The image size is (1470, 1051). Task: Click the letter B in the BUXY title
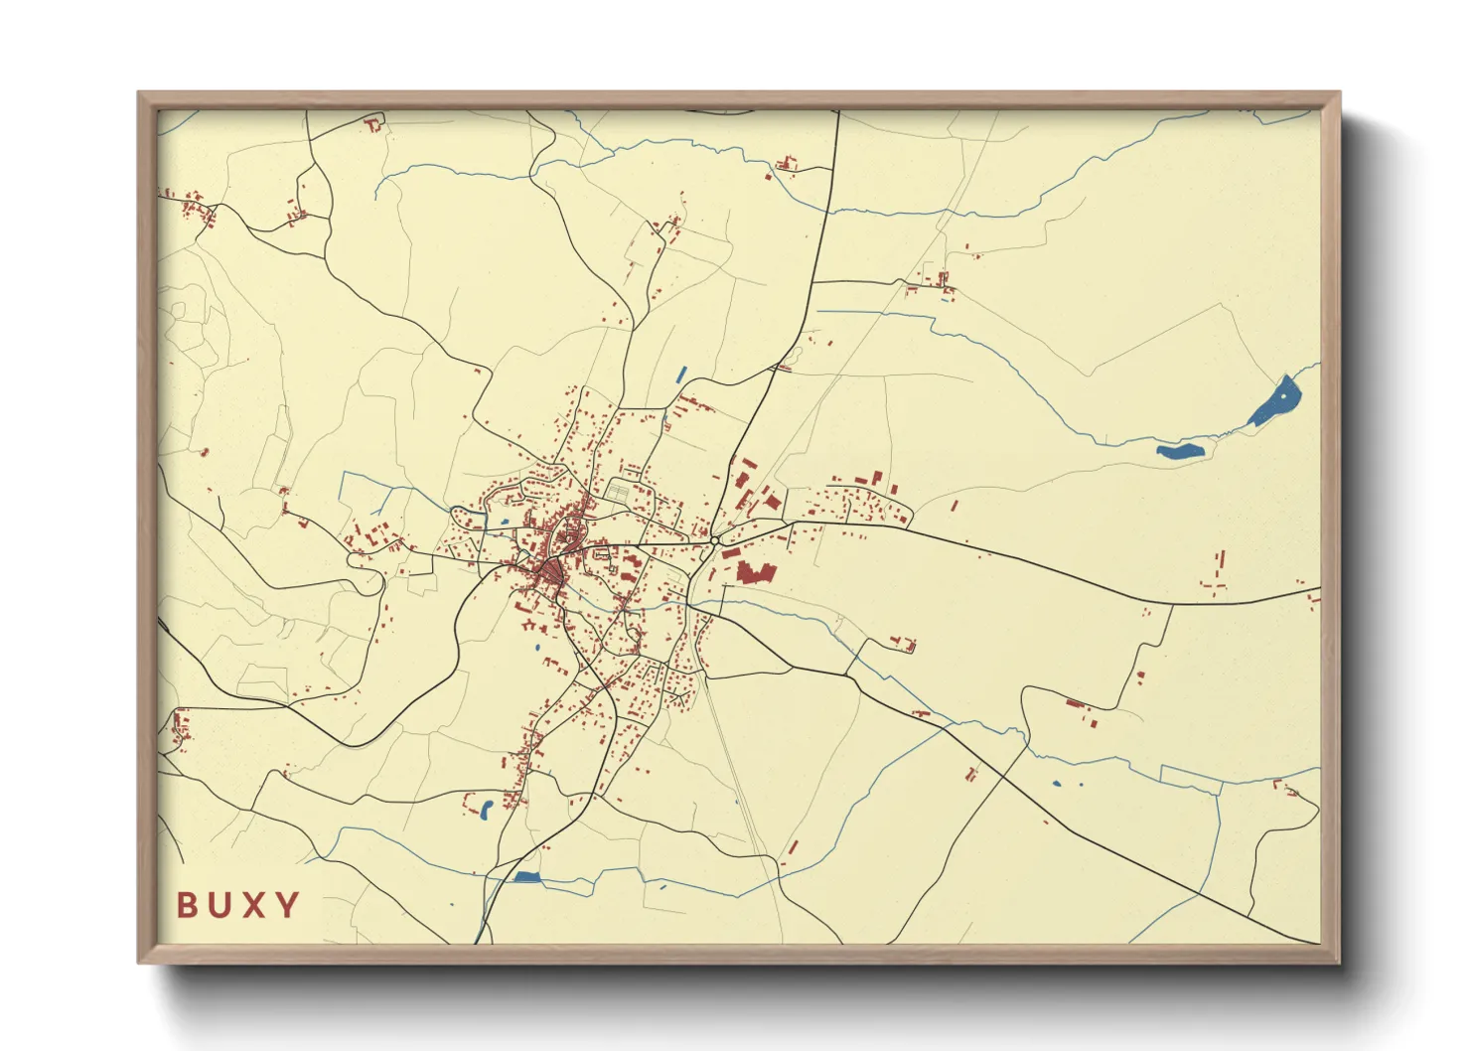pos(186,905)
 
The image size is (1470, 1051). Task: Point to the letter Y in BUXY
pos(288,905)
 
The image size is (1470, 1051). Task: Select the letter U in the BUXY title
pos(219,905)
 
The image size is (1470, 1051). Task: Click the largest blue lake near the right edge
pos(1274,402)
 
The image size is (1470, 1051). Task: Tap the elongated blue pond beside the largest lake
pos(1180,451)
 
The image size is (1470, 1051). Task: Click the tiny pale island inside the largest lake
pos(1284,396)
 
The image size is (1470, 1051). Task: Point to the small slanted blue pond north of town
pos(680,375)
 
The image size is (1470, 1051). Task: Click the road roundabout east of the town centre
pos(715,540)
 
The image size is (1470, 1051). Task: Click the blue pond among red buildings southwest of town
pos(486,809)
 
